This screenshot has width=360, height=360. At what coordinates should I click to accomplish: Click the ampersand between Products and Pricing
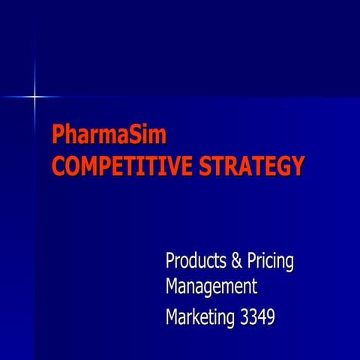click(x=236, y=262)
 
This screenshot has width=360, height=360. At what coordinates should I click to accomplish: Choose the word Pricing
click(x=270, y=263)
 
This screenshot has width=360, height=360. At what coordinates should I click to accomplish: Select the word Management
click(x=211, y=287)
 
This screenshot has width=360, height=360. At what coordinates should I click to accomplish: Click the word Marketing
click(x=199, y=317)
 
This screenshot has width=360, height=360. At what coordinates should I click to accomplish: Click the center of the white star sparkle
click(x=34, y=96)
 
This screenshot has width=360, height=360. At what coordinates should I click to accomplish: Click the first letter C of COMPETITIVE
click(x=58, y=165)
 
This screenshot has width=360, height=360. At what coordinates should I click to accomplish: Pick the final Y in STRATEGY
click(x=297, y=165)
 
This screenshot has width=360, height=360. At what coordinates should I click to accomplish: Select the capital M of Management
click(x=172, y=286)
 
